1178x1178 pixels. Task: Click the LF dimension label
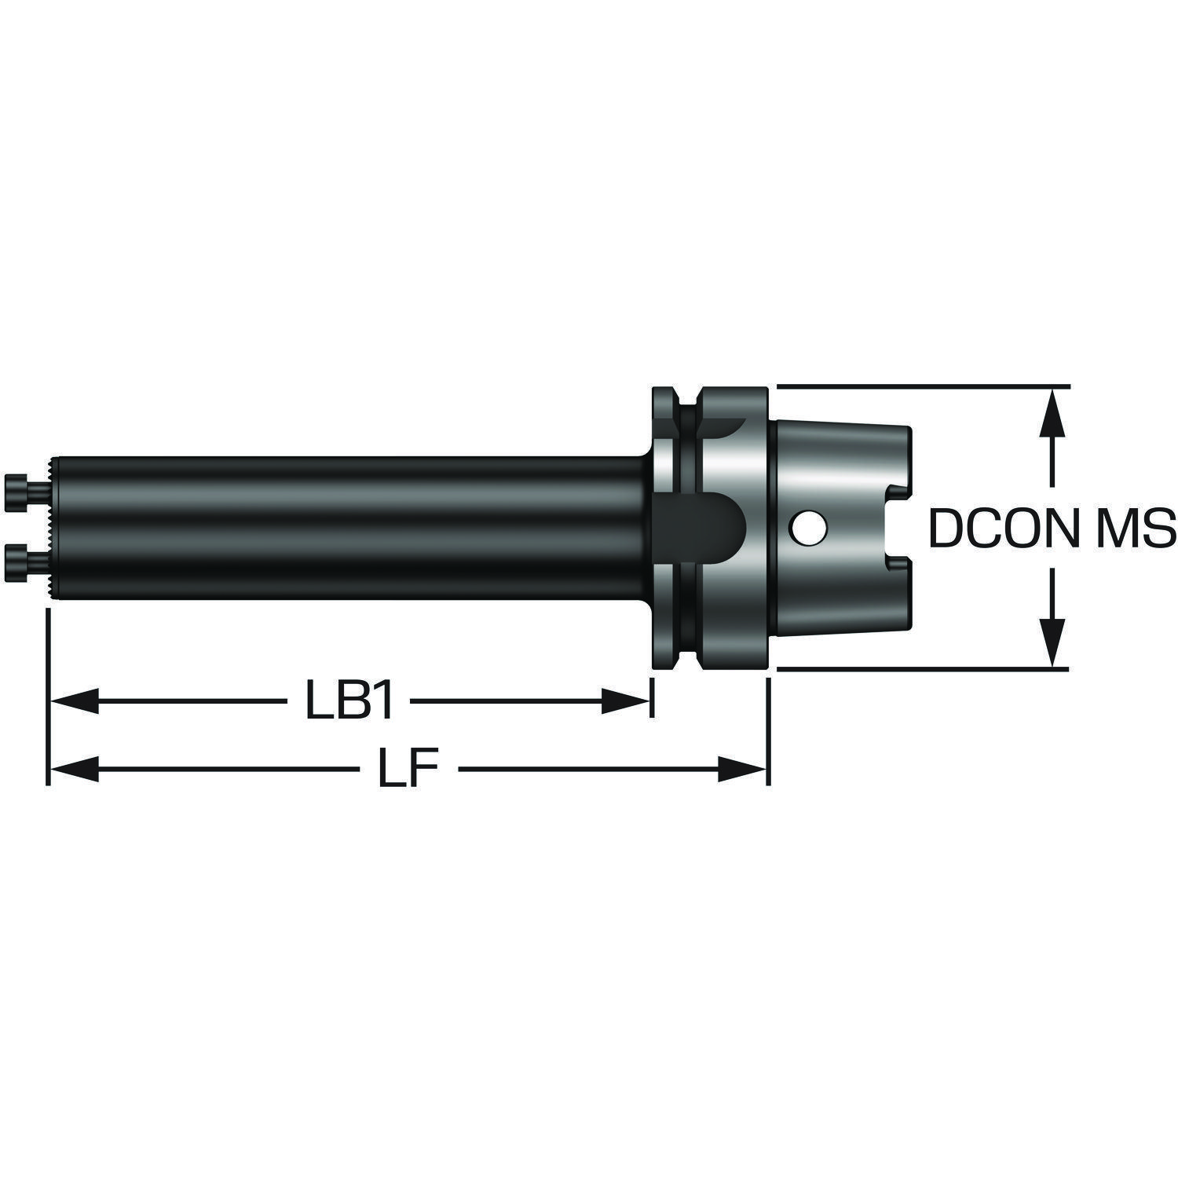[x=407, y=769]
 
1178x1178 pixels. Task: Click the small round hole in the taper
[x=807, y=527]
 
